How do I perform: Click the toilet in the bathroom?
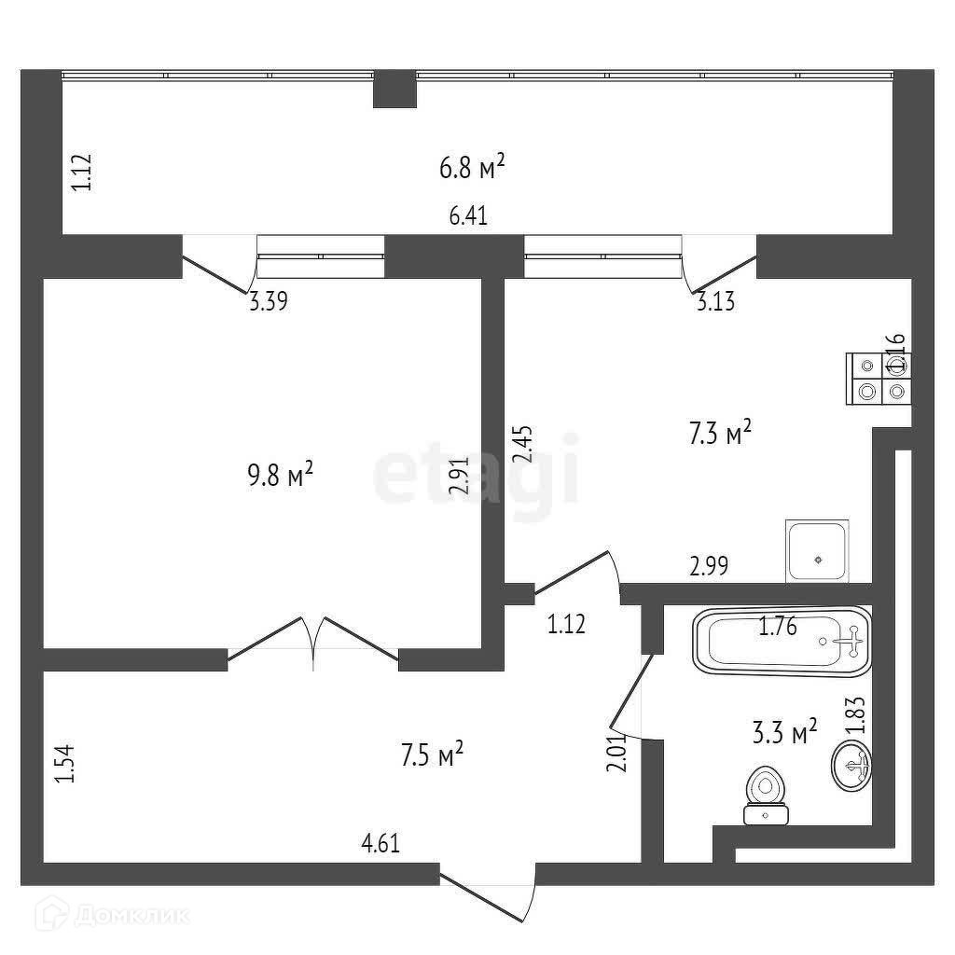coord(767,796)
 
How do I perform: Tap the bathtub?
coord(781,640)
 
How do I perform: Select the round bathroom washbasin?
coord(851,765)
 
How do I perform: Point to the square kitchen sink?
coord(817,551)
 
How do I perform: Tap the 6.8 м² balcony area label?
coord(472,168)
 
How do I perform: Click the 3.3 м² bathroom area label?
coord(783,733)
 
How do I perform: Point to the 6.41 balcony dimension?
coord(469,216)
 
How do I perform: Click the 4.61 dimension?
coord(381,845)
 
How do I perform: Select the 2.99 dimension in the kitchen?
coord(708,564)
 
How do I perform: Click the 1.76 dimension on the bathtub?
coord(777,627)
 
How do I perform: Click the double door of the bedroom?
coord(313,643)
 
